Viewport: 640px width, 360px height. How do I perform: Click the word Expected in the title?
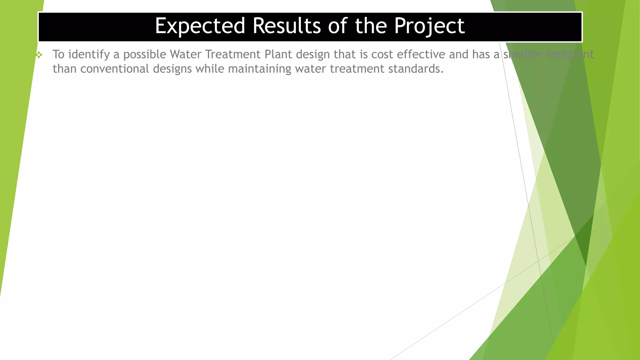pyautogui.click(x=200, y=26)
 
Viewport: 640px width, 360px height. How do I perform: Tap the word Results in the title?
pyautogui.click(x=287, y=26)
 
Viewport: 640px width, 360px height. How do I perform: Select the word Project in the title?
pyautogui.click(x=429, y=26)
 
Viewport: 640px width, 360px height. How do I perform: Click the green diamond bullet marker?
pyautogui.click(x=39, y=55)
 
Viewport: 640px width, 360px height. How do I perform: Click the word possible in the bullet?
pyautogui.click(x=145, y=55)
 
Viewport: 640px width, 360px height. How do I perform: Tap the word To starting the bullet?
pyautogui.click(x=58, y=54)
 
